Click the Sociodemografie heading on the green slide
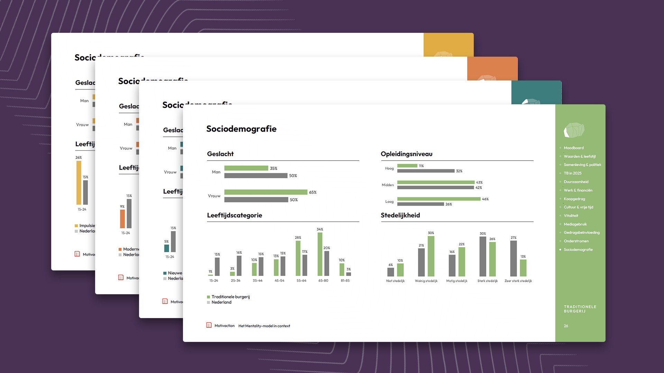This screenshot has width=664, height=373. [241, 129]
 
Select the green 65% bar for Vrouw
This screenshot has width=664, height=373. [266, 192]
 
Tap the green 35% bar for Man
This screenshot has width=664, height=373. [246, 168]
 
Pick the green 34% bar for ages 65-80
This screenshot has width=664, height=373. [320, 254]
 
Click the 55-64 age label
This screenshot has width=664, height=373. [301, 281]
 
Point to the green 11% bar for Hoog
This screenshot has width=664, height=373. [407, 166]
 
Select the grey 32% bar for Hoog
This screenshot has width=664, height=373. [426, 171]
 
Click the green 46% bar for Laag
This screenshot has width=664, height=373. [439, 199]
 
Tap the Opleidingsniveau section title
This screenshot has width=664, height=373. [406, 154]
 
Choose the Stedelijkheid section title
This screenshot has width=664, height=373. [400, 215]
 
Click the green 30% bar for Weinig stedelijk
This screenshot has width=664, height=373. [431, 256]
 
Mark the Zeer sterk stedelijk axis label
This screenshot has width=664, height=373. [518, 281]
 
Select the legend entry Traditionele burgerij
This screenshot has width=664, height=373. [230, 297]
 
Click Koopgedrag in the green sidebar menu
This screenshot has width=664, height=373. [574, 199]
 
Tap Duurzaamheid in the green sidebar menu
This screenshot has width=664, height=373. [576, 182]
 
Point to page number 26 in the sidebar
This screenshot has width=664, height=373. [566, 326]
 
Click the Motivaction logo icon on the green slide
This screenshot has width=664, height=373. [209, 325]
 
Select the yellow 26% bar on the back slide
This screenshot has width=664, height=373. [79, 183]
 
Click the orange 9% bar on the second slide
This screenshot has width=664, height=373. [122, 219]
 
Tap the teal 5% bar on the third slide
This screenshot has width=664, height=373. [167, 248]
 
